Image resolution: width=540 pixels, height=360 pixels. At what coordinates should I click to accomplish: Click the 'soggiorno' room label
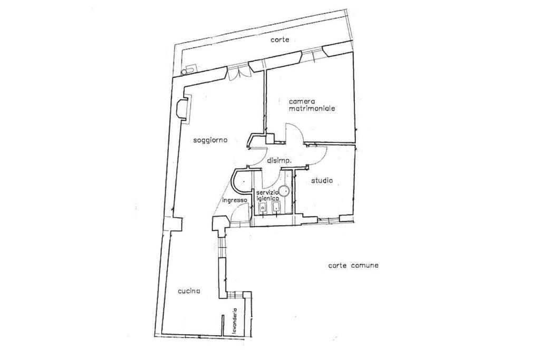[x=210, y=140]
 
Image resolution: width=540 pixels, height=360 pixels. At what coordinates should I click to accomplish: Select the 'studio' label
[x=322, y=180]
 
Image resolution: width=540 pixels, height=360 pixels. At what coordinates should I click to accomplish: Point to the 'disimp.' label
[x=279, y=160]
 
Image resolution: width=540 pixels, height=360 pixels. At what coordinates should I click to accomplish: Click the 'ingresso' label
[x=235, y=200]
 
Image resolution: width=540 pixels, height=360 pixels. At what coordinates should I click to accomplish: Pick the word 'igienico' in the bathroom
[x=268, y=199]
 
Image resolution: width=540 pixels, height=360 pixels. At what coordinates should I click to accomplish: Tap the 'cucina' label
[x=189, y=291]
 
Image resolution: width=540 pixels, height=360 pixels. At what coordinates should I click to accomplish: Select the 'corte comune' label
[x=353, y=265]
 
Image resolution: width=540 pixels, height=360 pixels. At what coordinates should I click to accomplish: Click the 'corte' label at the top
[x=279, y=40]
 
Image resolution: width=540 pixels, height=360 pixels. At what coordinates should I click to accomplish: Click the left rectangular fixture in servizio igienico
[x=263, y=208]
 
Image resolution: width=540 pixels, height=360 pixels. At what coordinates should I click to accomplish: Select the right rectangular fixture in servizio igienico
[x=276, y=207]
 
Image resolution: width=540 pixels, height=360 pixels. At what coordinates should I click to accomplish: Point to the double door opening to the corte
[x=238, y=73]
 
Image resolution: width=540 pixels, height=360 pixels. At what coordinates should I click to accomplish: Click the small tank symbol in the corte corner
[x=189, y=70]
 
